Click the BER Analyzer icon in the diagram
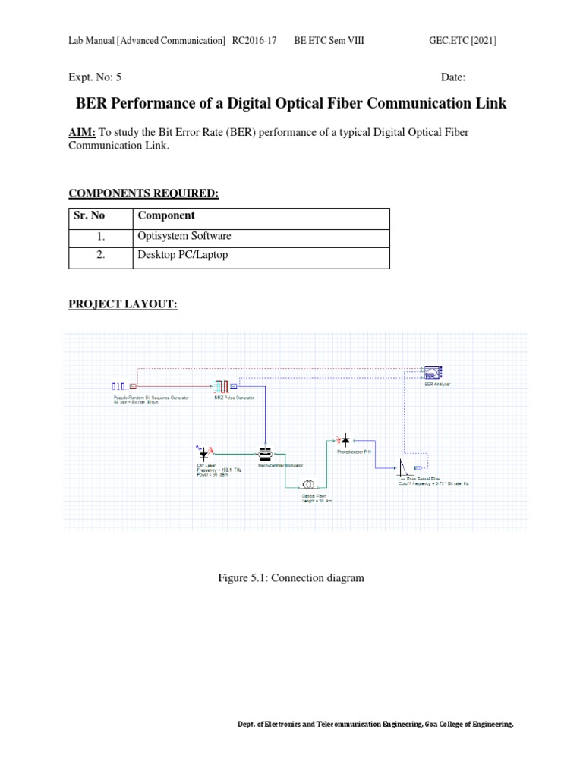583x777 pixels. (x=433, y=373)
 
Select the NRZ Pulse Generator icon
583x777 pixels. (x=222, y=386)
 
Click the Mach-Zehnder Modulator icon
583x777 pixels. (x=265, y=454)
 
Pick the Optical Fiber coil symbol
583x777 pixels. (x=310, y=483)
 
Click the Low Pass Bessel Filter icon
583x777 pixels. (x=403, y=466)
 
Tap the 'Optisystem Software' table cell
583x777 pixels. (x=184, y=237)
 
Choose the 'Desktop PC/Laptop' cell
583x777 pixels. (x=182, y=256)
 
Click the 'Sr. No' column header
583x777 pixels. (x=87, y=216)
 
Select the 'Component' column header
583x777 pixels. (x=166, y=216)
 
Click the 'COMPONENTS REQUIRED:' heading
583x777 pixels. (x=143, y=194)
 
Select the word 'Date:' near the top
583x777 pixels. (x=453, y=77)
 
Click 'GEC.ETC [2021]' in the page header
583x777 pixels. (x=462, y=40)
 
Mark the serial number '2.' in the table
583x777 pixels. (x=100, y=256)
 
